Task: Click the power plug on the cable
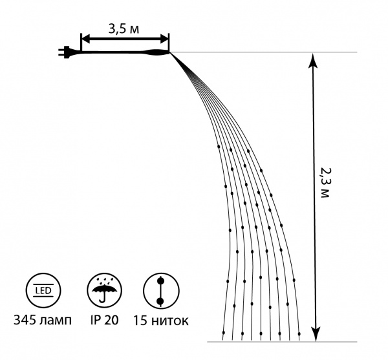pyautogui.click(x=65, y=52)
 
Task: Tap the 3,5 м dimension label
pyautogui.click(x=124, y=29)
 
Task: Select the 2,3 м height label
pyautogui.click(x=325, y=183)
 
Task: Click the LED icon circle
pyautogui.click(x=43, y=290)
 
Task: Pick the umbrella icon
pyautogui.click(x=105, y=290)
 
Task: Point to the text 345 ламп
pyautogui.click(x=43, y=320)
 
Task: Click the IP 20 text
pyautogui.click(x=104, y=320)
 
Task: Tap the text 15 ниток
pyautogui.click(x=161, y=321)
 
